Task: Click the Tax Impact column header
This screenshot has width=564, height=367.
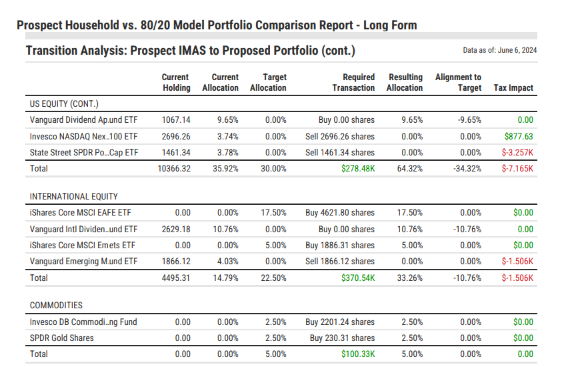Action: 513,88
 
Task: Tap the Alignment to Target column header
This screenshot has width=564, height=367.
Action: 458,83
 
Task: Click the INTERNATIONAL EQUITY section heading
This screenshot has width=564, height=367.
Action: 73,197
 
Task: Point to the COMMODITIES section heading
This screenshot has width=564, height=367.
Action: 56,306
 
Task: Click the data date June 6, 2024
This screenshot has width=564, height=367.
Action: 500,50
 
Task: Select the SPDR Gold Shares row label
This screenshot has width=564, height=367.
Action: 62,338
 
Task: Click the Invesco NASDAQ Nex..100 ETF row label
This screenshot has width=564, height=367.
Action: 83,136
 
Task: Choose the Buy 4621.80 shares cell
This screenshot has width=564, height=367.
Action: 340,213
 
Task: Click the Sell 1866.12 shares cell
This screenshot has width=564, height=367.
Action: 340,261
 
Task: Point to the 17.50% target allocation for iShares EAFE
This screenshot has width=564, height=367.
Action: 274,213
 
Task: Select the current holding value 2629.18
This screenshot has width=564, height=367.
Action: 176,229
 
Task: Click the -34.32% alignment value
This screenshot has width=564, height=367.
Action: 465,169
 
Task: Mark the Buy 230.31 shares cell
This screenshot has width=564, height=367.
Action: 342,338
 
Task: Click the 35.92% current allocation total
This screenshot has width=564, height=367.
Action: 225,169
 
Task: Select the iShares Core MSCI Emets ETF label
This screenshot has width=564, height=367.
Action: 83,245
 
